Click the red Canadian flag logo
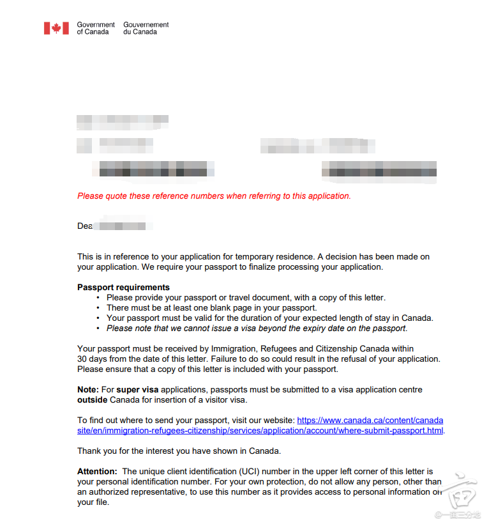pos(56,28)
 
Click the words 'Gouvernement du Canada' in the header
pos(146,28)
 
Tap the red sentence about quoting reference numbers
pos(214,196)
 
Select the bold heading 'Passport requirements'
pos(123,287)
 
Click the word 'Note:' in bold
pos(88,389)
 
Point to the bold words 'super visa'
pos(137,389)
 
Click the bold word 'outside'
pos(92,400)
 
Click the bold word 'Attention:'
pos(97,472)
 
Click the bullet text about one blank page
pos(211,307)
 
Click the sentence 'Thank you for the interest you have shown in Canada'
pos(179,451)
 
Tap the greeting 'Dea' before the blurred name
pos(85,226)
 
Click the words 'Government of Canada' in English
pos(96,28)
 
